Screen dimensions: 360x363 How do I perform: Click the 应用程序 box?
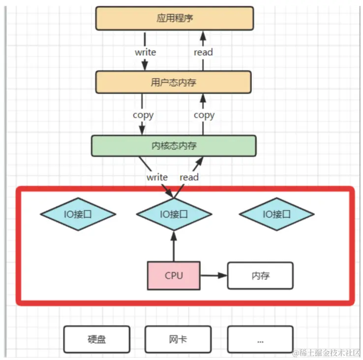(x=174, y=19)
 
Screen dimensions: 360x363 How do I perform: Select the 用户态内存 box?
(x=173, y=82)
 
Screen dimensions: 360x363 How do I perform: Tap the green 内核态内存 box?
(x=174, y=146)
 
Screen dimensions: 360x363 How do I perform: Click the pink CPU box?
(x=174, y=275)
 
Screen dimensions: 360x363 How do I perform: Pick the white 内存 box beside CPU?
(x=260, y=275)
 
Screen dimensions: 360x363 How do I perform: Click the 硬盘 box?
(x=97, y=339)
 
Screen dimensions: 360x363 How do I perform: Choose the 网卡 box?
(x=178, y=339)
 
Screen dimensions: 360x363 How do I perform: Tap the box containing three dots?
(x=260, y=339)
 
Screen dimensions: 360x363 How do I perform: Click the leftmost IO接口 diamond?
(x=78, y=214)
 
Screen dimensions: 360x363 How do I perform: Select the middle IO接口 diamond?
(x=174, y=214)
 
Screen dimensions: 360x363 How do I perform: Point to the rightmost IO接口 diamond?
(x=276, y=214)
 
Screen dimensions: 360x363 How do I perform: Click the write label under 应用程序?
(x=145, y=52)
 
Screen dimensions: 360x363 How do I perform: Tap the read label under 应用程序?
(x=203, y=52)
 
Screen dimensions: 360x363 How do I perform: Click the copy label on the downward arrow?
(x=143, y=115)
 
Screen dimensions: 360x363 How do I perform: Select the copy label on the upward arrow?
(x=204, y=115)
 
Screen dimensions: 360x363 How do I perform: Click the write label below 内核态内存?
(x=157, y=177)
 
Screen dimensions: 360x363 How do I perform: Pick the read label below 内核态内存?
(x=189, y=177)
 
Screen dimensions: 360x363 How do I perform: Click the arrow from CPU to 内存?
(x=213, y=275)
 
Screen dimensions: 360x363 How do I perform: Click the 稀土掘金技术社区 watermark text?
(x=327, y=353)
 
